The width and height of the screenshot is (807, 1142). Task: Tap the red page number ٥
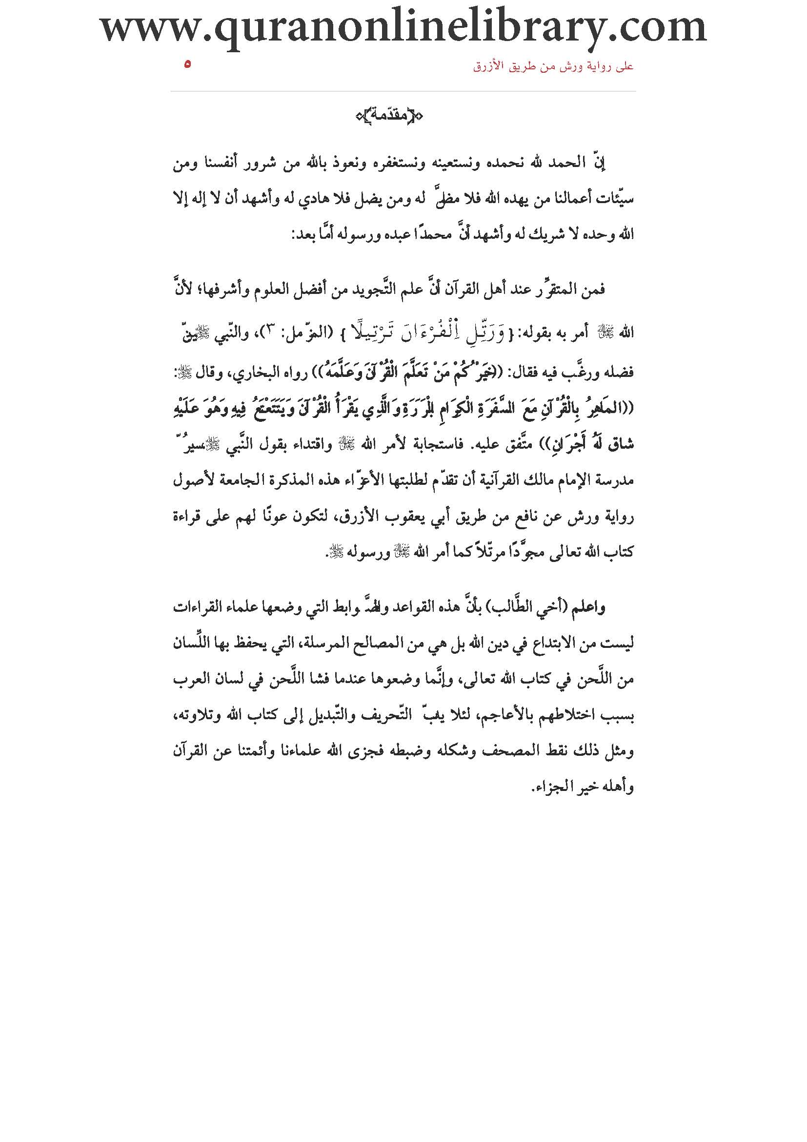coord(187,64)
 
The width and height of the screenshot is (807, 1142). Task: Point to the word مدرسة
coord(615,481)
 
